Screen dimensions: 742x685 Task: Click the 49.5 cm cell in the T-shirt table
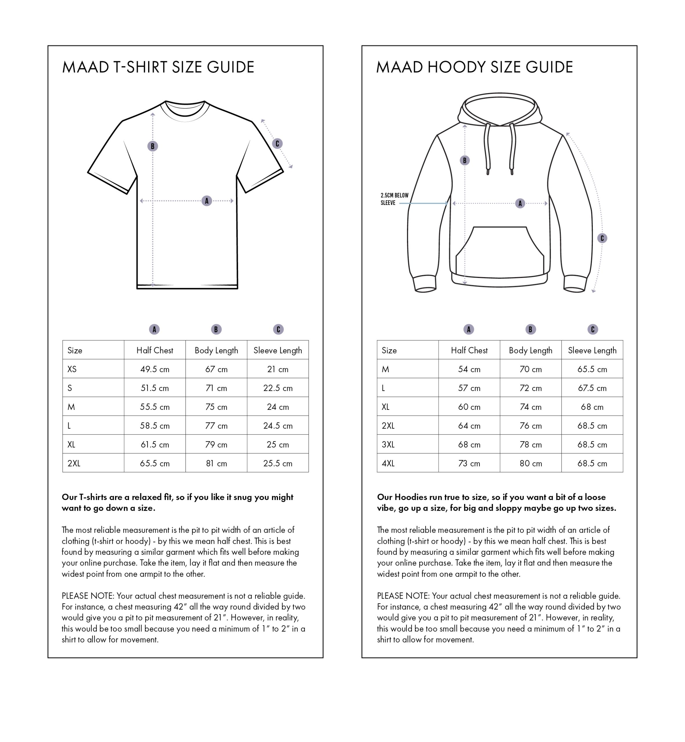pos(155,369)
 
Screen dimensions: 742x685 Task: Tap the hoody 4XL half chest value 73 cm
pos(469,463)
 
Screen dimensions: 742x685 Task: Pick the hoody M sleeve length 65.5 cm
pos(592,369)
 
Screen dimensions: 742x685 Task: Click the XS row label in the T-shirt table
pos(72,369)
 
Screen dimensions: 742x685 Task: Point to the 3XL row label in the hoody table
pos(388,444)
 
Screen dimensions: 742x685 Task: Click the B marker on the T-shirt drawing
pos(152,146)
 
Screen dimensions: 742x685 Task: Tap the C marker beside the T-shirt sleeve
pos(277,143)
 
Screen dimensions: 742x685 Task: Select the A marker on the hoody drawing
pos(520,203)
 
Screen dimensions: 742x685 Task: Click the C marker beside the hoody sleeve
pos(602,238)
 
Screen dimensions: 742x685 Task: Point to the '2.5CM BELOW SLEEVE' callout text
pos(395,199)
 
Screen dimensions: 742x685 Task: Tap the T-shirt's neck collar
pos(185,111)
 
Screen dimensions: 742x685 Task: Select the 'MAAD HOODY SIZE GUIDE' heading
pos(475,67)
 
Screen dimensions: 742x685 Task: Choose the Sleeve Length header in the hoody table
pos(592,350)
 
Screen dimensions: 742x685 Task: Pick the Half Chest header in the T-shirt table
pos(155,350)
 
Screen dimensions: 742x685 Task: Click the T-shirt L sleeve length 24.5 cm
pos(278,425)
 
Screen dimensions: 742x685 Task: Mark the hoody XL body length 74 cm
pos(530,407)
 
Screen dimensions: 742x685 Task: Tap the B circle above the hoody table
pos(530,329)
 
